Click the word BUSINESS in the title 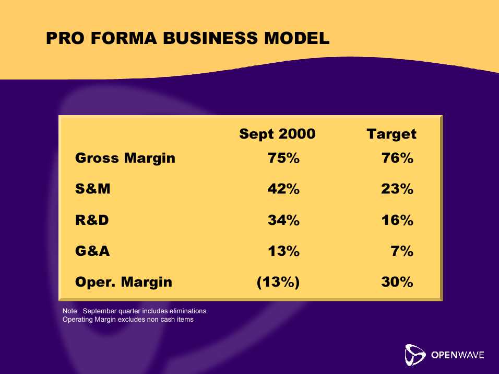(x=211, y=38)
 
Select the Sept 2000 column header (x=277, y=134)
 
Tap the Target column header (x=391, y=134)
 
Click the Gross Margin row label (x=125, y=158)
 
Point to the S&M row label (x=92, y=189)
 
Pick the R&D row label (x=92, y=220)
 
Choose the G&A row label (x=92, y=251)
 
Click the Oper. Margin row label (x=124, y=282)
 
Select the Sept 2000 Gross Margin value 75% (x=283, y=158)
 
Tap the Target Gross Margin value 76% (x=398, y=158)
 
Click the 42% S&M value (x=283, y=189)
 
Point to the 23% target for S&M (x=397, y=189)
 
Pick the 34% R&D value (x=283, y=220)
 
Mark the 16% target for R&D (x=398, y=220)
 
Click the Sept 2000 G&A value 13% (x=283, y=251)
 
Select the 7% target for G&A (x=402, y=251)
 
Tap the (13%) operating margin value (x=278, y=282)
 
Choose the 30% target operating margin (x=397, y=282)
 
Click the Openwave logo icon (x=414, y=355)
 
